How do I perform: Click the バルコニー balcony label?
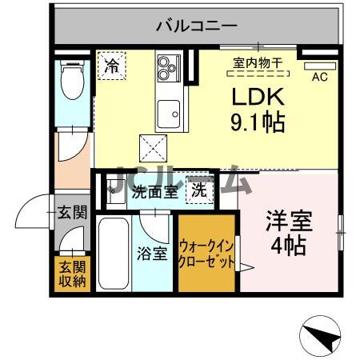[196, 26]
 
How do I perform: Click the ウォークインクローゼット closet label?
[206, 254]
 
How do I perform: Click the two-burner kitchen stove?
[169, 68]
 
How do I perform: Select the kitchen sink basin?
[170, 113]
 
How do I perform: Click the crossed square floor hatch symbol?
[153, 148]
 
